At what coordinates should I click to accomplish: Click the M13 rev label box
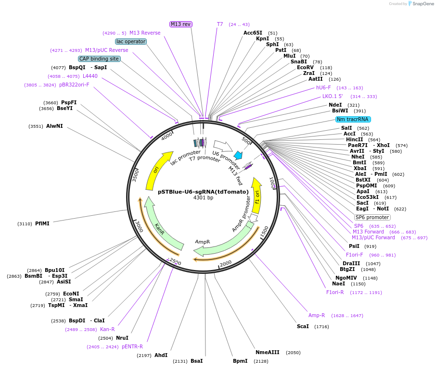[181, 24]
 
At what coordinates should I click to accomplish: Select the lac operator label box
[131, 42]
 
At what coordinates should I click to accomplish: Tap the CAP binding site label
[99, 59]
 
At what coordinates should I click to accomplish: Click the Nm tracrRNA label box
[353, 119]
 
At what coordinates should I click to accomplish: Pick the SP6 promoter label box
[372, 217]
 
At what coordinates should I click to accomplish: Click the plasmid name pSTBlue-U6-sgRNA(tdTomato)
[203, 191]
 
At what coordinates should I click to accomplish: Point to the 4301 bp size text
[203, 198]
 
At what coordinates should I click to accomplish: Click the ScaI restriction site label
[303, 327]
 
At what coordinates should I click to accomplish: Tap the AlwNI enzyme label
[54, 126]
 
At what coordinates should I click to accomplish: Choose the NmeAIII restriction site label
[267, 352]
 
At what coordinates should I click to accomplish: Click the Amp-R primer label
[317, 315]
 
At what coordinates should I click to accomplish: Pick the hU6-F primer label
[323, 87]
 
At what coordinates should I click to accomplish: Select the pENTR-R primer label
[132, 346]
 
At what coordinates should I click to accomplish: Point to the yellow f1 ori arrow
[257, 197]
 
